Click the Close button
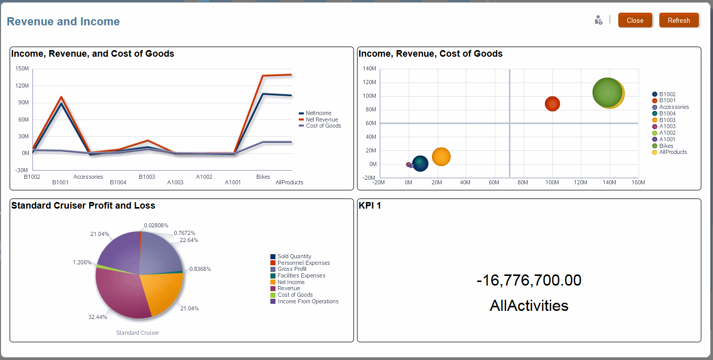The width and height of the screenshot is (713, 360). tap(635, 21)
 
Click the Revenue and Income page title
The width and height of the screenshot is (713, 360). tap(63, 22)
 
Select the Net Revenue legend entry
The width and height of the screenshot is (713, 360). tap(322, 119)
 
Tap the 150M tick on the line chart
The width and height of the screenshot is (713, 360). tap(21, 68)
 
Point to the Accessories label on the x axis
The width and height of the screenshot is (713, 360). tap(88, 177)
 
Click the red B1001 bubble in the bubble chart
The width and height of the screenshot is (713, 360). tap(552, 104)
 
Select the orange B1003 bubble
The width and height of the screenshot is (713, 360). tap(441, 156)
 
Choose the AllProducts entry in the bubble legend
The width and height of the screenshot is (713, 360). tap(673, 152)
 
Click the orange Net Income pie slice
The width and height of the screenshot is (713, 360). tap(161, 294)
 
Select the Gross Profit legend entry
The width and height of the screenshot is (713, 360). tap(292, 269)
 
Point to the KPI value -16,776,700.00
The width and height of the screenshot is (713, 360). tap(529, 281)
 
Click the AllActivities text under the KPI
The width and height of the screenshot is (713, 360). tap(529, 306)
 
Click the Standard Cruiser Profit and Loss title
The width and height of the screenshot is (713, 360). tap(83, 206)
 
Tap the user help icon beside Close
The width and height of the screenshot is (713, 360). tap(598, 20)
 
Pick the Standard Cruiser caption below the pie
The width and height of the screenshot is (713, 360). tap(138, 333)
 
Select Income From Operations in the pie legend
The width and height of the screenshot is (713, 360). tap(308, 301)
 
